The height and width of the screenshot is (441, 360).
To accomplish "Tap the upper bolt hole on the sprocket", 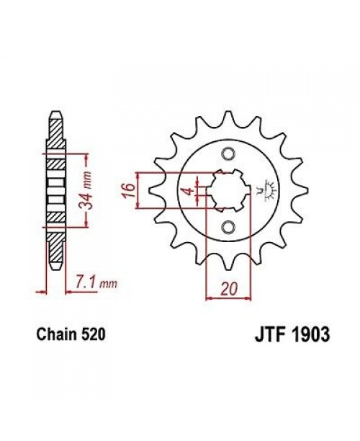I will point(228,153).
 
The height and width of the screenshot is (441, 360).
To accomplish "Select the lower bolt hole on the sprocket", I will point(228,228).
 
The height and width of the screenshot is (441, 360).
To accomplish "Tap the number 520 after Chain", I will point(94,337).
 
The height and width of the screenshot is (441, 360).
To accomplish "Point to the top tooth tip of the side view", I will point(55,113).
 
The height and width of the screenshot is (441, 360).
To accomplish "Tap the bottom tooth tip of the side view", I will point(55,268).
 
